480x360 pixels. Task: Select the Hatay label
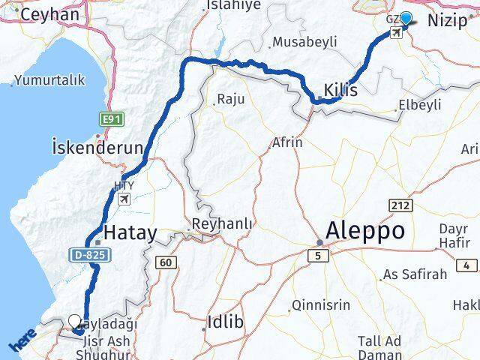click(x=130, y=232)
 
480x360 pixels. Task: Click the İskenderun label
click(x=97, y=146)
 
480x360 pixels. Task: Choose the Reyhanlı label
click(x=223, y=223)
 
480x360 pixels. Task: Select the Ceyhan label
click(x=50, y=14)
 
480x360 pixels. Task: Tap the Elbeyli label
click(x=420, y=105)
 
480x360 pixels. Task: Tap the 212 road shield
click(x=398, y=205)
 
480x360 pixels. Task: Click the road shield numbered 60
click(x=166, y=262)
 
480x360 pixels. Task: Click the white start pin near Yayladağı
click(x=75, y=322)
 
